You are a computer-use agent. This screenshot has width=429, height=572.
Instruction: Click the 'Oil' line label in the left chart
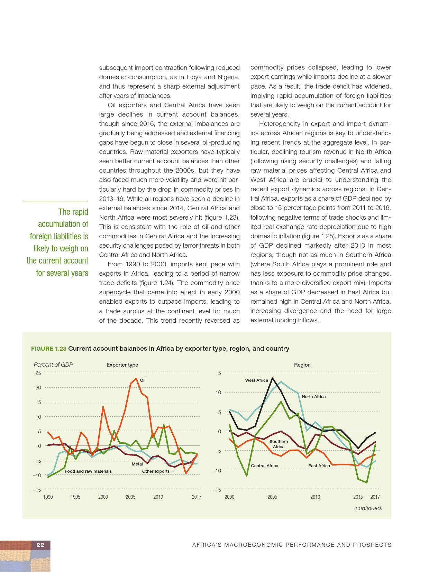[143, 380]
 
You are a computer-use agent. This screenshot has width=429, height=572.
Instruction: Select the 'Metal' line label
[137, 464]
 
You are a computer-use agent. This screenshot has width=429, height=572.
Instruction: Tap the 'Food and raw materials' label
[88, 471]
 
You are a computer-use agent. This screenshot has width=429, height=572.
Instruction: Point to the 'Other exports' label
[156, 471]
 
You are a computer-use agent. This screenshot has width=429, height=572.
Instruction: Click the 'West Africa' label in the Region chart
[256, 380]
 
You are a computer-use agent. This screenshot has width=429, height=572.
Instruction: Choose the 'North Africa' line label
[313, 397]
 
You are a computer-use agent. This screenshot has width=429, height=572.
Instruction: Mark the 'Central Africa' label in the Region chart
[264, 466]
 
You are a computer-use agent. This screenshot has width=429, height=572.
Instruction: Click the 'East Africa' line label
[319, 466]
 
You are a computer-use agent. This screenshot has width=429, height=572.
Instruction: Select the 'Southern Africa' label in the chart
[279, 444]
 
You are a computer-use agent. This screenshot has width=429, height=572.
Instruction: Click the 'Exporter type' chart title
[122, 365]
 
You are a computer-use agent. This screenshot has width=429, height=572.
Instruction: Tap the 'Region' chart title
[302, 365]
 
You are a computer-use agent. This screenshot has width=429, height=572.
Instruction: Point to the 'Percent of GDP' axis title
[53, 365]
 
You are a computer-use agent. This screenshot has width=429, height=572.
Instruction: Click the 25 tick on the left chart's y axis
[38, 373]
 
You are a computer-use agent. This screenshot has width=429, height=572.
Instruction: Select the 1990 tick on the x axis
[48, 497]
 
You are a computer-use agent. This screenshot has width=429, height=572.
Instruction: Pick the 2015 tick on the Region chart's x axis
[358, 497]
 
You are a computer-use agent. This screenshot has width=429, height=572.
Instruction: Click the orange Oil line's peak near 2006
[136, 379]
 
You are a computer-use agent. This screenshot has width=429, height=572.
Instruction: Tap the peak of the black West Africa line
[272, 378]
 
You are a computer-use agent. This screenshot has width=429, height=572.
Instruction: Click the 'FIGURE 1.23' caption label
[49, 349]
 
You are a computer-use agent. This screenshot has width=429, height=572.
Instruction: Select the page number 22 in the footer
[40, 545]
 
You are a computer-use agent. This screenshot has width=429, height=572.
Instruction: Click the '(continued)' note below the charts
[368, 508]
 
